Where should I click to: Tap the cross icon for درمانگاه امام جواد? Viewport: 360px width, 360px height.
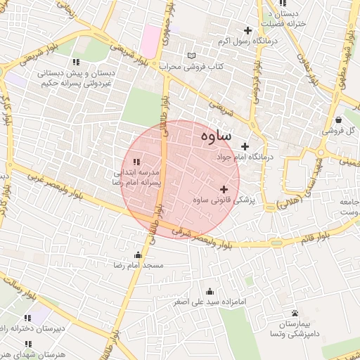tap(245, 146)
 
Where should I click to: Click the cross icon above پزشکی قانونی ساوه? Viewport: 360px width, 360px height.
tap(224, 188)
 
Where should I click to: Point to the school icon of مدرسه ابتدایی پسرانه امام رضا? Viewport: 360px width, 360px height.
tap(136, 162)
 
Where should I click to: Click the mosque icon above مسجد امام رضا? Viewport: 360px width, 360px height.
tap(138, 255)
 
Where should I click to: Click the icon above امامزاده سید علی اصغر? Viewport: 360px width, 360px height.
tap(209, 291)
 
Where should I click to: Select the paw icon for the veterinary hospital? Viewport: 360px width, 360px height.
tap(295, 313)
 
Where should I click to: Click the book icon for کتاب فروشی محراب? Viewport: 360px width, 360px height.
tap(193, 56)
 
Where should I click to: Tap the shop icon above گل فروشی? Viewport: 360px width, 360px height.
tap(340, 120)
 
